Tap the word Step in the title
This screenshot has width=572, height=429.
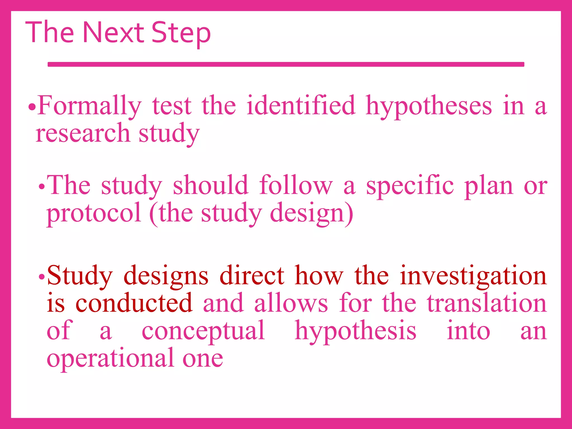click(181, 34)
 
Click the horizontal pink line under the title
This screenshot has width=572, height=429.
click(286, 65)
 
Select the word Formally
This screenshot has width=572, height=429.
click(89, 106)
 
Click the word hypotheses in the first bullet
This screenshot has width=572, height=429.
click(429, 106)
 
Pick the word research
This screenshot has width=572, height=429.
click(83, 133)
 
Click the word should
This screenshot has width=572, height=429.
click(210, 185)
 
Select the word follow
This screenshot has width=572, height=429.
click(296, 185)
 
